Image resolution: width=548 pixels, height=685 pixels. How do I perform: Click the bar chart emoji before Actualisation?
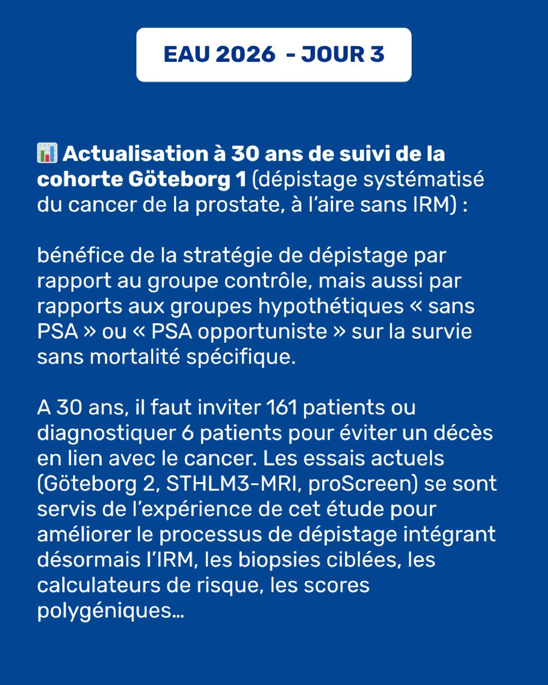pyautogui.click(x=47, y=153)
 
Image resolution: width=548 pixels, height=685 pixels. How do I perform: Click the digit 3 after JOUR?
pyautogui.click(x=377, y=54)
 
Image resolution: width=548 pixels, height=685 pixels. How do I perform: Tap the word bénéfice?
pyautogui.click(x=80, y=256)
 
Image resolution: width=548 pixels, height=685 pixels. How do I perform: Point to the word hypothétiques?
pyautogui.click(x=330, y=307)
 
